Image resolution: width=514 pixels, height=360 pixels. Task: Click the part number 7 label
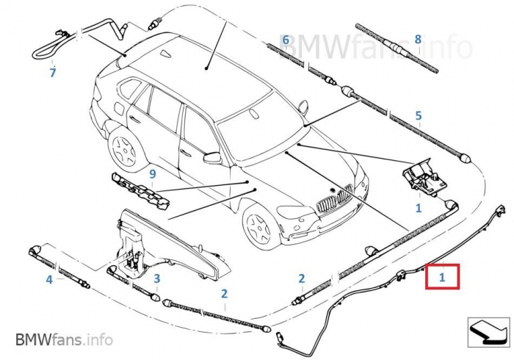[52, 73]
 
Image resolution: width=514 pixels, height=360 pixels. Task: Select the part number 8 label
[418, 39]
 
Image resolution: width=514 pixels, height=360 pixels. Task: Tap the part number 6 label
[286, 39]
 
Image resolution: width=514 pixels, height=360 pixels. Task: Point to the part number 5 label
[418, 115]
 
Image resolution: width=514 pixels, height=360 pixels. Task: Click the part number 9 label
[153, 174]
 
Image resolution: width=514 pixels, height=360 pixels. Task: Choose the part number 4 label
[49, 279]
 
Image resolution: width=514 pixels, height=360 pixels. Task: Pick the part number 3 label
[156, 278]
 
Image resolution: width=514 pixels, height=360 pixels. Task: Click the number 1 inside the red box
[442, 278]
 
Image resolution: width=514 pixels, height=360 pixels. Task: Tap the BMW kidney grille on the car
[334, 199]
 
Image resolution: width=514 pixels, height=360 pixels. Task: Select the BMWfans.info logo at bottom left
[64, 339]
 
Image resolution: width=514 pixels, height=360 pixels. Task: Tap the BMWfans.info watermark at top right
[374, 46]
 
